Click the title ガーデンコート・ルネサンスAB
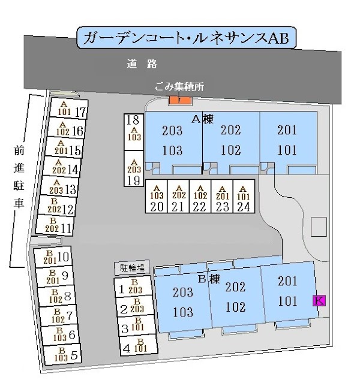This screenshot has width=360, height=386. tap(185, 38)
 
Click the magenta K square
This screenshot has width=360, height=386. tap(319, 301)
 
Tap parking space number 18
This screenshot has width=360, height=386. tap(134, 128)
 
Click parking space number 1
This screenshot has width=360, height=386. tap(134, 289)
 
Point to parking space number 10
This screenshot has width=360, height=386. tap(59, 258)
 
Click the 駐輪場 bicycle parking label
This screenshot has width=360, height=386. tap(131, 268)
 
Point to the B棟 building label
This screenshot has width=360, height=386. tap(210, 279)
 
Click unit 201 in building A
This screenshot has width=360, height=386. tap(287, 130)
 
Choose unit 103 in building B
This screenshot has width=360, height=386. tap(183, 312)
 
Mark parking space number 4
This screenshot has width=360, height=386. tap(134, 346)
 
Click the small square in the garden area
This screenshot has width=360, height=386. tap(319, 227)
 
